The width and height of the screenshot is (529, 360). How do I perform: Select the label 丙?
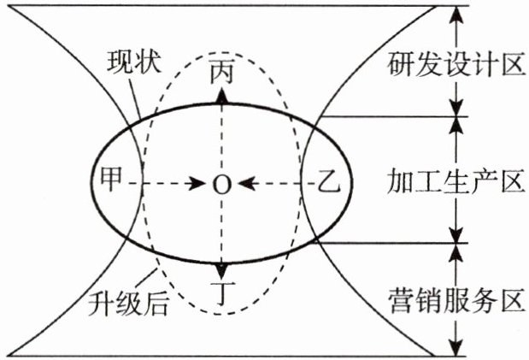221,73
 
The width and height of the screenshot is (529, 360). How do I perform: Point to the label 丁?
221,292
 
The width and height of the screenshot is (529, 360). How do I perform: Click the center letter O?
221,183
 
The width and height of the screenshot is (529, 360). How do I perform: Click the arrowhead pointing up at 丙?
221,95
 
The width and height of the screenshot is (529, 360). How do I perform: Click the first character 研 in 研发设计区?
400,62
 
